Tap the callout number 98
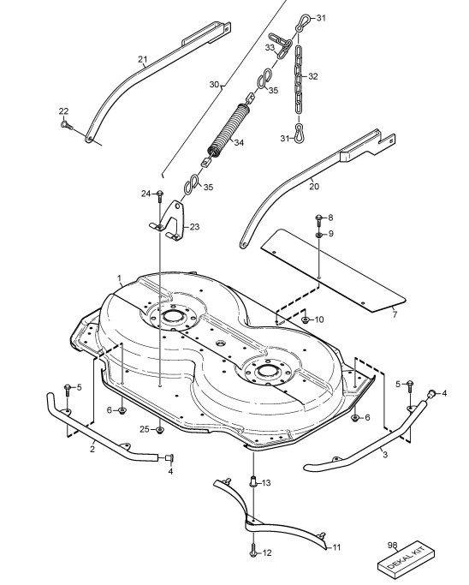pyautogui.click(x=392, y=546)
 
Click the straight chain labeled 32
pyautogui.click(x=299, y=80)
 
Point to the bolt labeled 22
pyautogui.click(x=66, y=124)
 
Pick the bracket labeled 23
pyautogui.click(x=169, y=222)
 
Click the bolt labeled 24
pyautogui.click(x=159, y=194)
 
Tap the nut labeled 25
pyautogui.click(x=159, y=430)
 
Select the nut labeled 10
pyautogui.click(x=306, y=319)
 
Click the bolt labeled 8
pyautogui.click(x=318, y=220)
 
